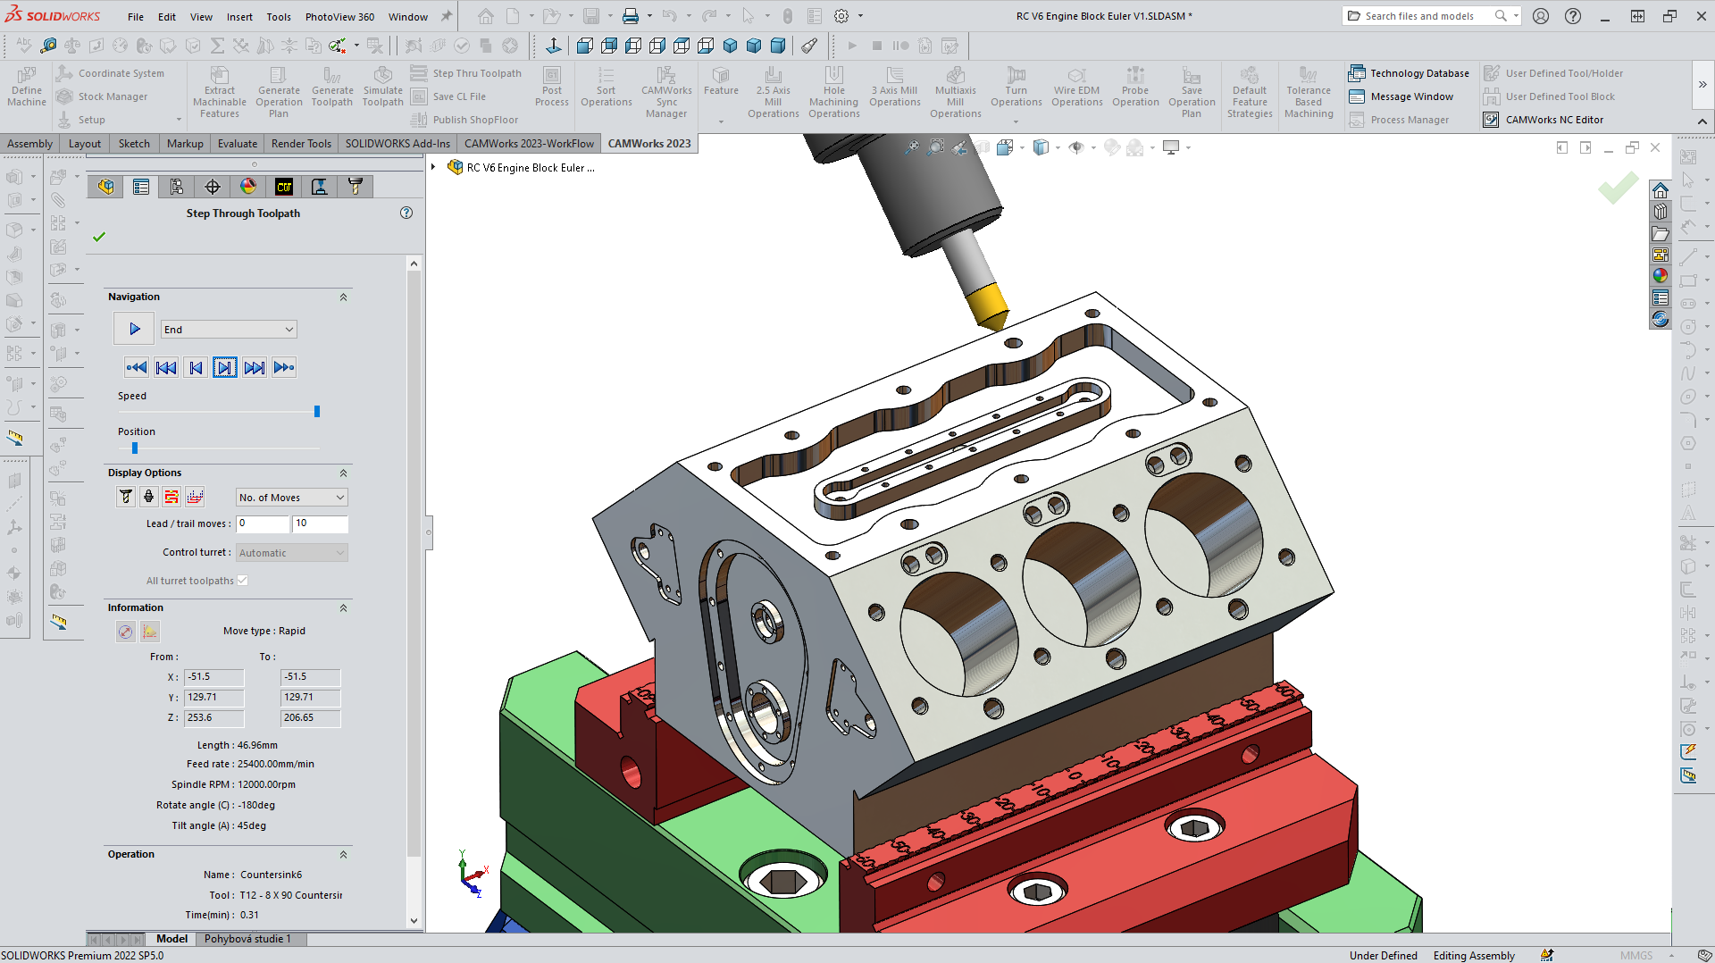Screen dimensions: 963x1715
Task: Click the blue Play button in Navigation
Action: pos(135,330)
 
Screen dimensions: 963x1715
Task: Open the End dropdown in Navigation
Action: pos(229,330)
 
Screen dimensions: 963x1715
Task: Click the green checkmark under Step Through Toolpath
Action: pos(99,237)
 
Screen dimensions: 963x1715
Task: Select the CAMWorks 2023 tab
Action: pos(648,143)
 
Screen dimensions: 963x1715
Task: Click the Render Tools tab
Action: pos(301,143)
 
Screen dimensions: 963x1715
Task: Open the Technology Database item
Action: pos(1409,73)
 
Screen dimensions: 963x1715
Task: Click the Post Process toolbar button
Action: pos(552,86)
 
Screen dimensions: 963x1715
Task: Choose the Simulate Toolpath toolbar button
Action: pos(382,86)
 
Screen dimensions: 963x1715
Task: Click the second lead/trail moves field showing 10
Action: pos(320,523)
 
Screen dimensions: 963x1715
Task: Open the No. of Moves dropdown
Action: pos(291,498)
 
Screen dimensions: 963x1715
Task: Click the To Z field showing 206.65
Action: pos(310,717)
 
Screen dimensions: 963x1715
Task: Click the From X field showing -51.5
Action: pos(213,677)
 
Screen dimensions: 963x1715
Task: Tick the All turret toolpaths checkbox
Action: pos(242,581)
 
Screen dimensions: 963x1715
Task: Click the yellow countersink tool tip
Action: pos(988,306)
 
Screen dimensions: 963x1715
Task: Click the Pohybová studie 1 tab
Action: pos(247,939)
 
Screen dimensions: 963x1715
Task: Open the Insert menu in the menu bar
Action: pos(239,16)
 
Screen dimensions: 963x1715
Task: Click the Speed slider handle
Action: pos(317,412)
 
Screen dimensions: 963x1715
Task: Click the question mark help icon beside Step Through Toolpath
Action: pos(406,213)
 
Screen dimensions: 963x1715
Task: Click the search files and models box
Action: pos(1420,16)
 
